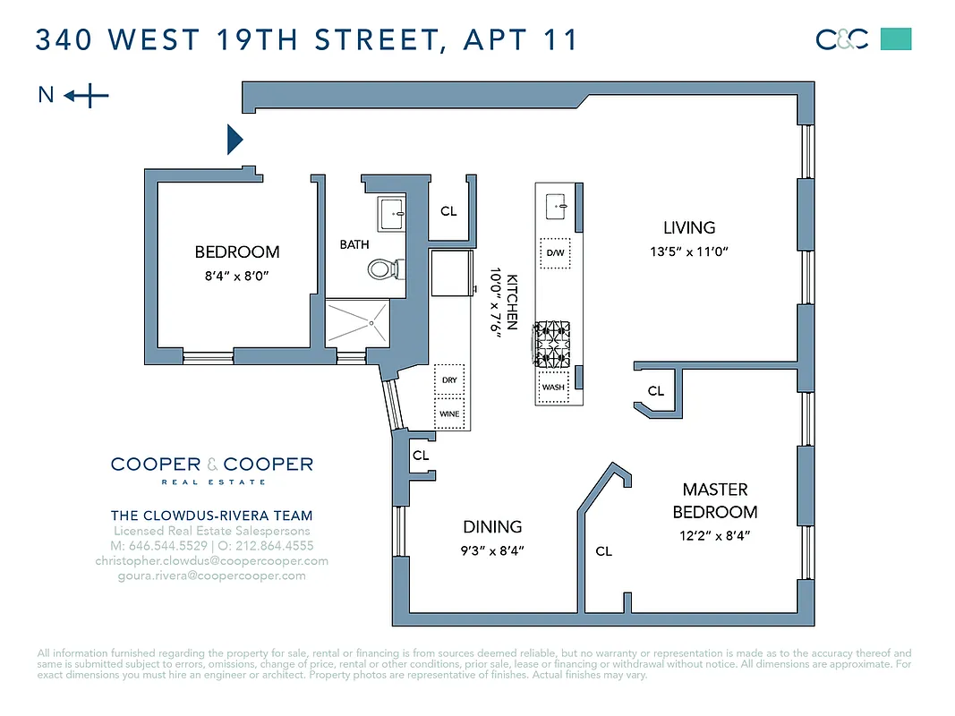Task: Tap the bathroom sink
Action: [x=392, y=213]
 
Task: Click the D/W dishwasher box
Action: [x=555, y=252]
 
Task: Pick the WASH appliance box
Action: [x=553, y=388]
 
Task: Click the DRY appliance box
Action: [x=449, y=379]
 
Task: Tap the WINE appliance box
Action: [x=449, y=414]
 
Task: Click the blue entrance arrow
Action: [x=234, y=139]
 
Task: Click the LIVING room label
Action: [x=689, y=227]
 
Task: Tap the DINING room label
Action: [x=492, y=527]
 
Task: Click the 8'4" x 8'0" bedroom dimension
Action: [x=237, y=277]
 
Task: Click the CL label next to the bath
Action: [x=448, y=212]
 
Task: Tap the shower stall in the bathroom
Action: [x=357, y=322]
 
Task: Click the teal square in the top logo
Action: [x=896, y=39]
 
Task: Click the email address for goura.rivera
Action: [x=211, y=575]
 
